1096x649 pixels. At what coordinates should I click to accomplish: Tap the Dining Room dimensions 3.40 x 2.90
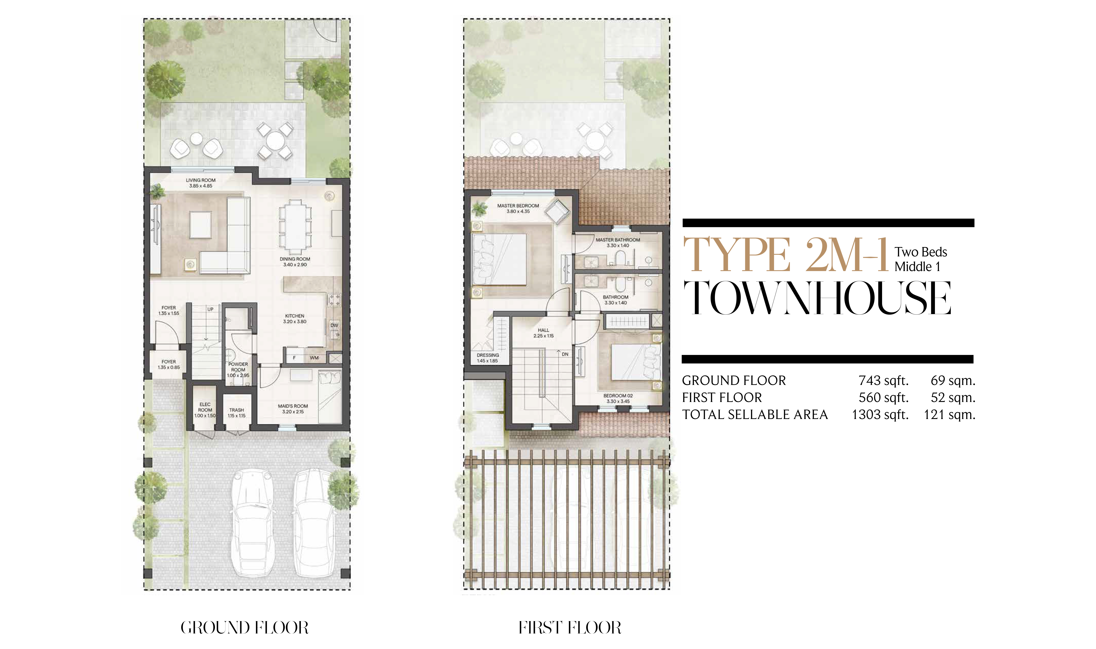coord(295,265)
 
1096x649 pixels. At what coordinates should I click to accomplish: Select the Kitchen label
coord(295,316)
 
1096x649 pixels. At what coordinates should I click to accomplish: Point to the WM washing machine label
coord(314,358)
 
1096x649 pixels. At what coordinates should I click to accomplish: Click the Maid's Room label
coord(293,406)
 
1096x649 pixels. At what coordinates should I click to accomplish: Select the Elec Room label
coord(205,407)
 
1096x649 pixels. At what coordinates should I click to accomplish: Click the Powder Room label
coord(238,367)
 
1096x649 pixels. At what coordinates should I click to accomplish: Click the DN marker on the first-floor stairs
coord(565,354)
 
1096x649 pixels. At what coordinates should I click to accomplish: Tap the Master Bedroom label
coord(518,205)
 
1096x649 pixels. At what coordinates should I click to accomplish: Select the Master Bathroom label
coord(618,240)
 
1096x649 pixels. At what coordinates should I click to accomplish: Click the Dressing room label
coord(488,355)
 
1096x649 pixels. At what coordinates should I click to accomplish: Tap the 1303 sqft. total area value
coord(880,415)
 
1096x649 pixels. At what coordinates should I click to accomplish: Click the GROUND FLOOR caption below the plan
coord(245,628)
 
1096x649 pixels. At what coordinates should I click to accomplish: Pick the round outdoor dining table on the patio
coord(275,141)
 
